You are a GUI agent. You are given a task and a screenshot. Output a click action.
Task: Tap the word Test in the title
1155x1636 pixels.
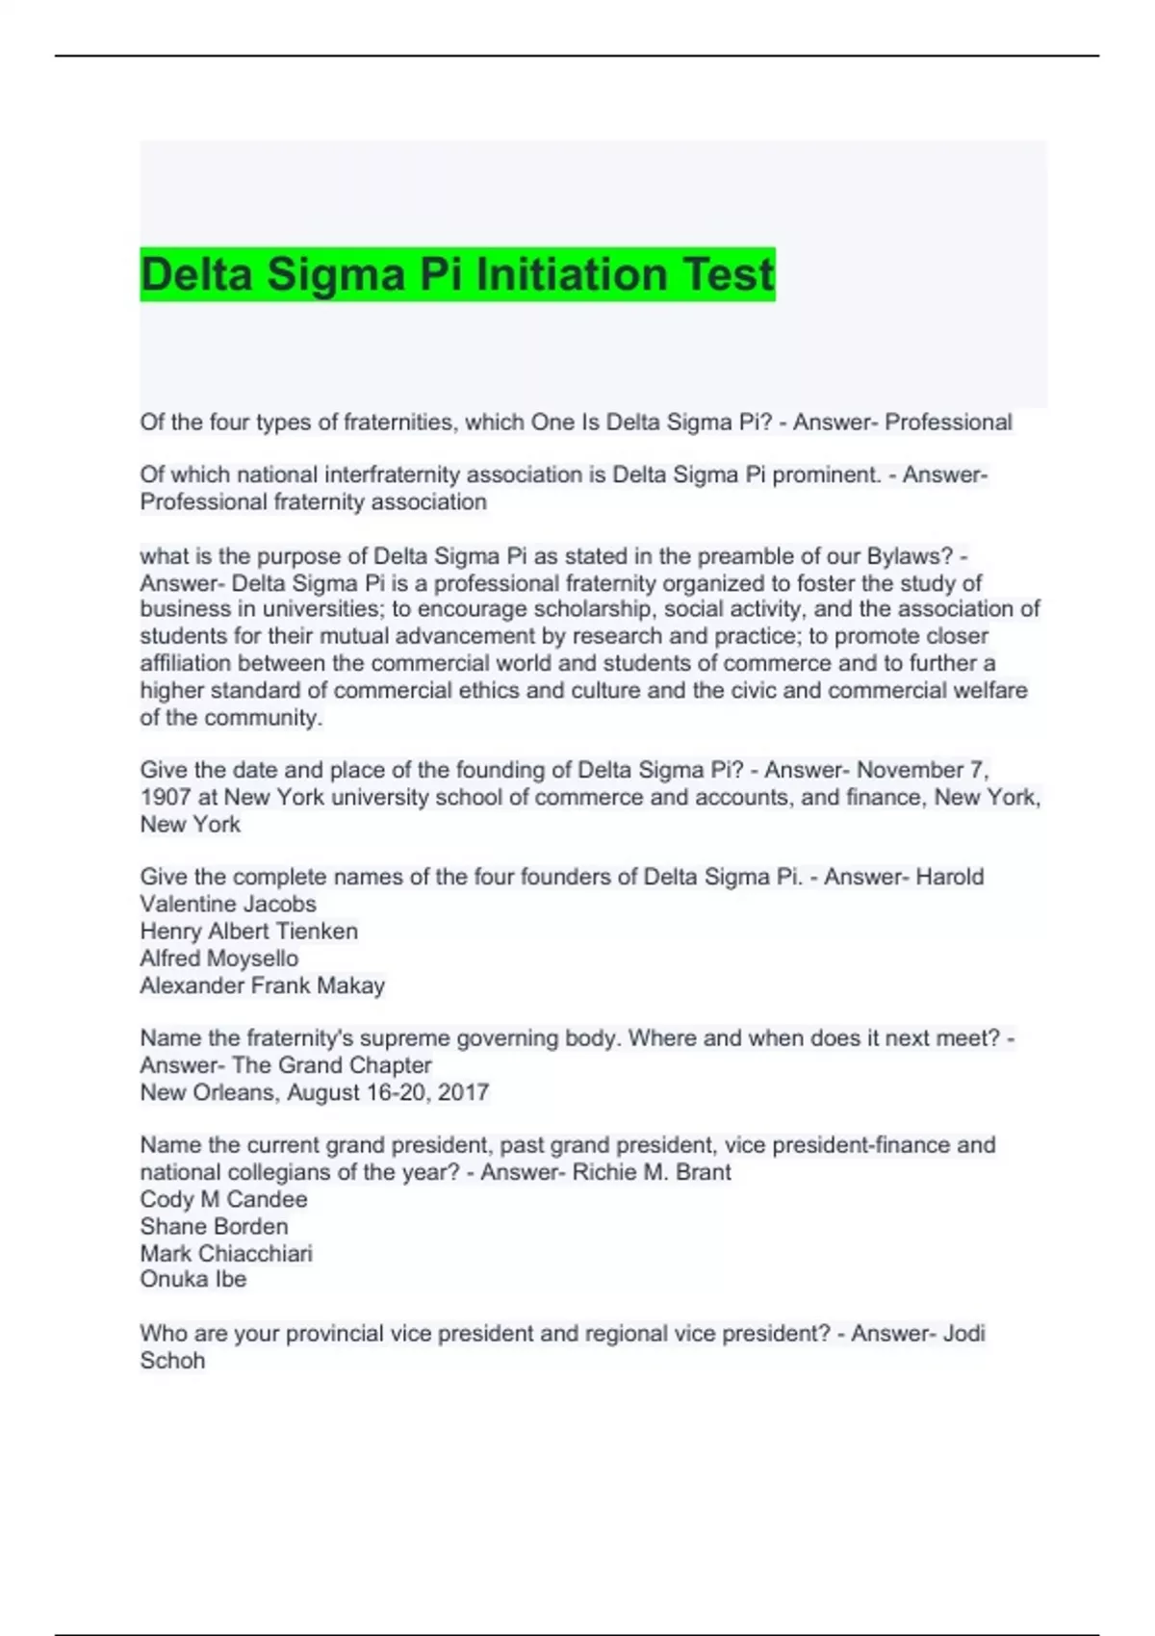pyautogui.click(x=729, y=274)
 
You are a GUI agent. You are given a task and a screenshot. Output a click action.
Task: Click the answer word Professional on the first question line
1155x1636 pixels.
pyautogui.click(x=948, y=422)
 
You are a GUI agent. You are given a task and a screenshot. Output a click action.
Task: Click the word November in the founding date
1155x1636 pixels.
pyautogui.click(x=910, y=771)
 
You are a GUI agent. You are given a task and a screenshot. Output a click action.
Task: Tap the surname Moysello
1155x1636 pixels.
pyautogui.click(x=252, y=959)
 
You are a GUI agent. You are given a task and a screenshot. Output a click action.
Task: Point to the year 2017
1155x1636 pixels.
pyautogui.click(x=463, y=1092)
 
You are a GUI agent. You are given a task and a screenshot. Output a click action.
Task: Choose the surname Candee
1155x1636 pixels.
pyautogui.click(x=267, y=1199)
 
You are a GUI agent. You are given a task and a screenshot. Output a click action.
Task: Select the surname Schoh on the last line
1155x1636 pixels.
pyautogui.click(x=172, y=1361)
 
